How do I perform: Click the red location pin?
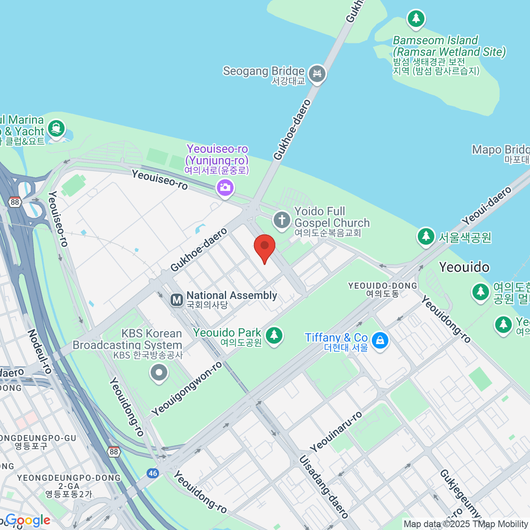click(265, 246)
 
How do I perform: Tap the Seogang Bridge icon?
click(317, 74)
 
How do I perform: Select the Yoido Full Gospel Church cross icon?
click(281, 220)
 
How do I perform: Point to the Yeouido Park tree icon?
click(274, 335)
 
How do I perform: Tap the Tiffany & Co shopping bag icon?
click(379, 340)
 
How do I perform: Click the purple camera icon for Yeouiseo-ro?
click(225, 188)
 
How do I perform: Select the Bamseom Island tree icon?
click(416, 19)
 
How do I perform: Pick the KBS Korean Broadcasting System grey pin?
click(159, 372)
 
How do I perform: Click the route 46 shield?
click(153, 473)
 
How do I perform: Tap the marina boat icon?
click(56, 129)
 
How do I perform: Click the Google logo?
click(27, 520)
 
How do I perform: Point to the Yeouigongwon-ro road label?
click(187, 389)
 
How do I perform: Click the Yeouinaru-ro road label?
click(336, 432)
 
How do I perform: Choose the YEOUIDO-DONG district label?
click(382, 289)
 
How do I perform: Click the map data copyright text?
click(466, 524)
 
